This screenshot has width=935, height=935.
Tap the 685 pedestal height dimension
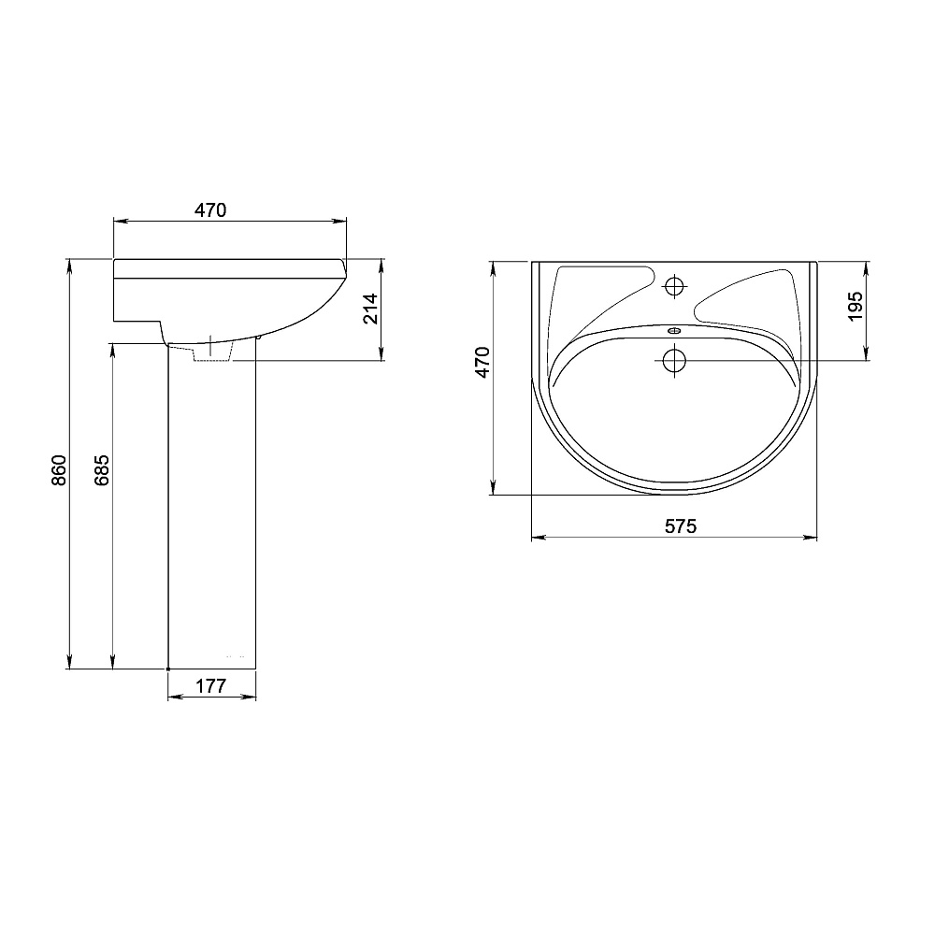[x=102, y=470]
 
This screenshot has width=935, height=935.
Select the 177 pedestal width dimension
[x=211, y=686]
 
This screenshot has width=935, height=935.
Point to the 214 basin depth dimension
[x=371, y=309]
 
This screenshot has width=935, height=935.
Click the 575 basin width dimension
[x=681, y=526]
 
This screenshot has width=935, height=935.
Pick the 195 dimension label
[x=856, y=306]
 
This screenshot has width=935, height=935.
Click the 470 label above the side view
[x=210, y=209]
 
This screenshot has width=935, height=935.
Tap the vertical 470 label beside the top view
[x=482, y=362]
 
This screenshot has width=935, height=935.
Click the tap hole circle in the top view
[x=675, y=287]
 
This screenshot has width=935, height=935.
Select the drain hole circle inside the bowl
[x=674, y=360]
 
